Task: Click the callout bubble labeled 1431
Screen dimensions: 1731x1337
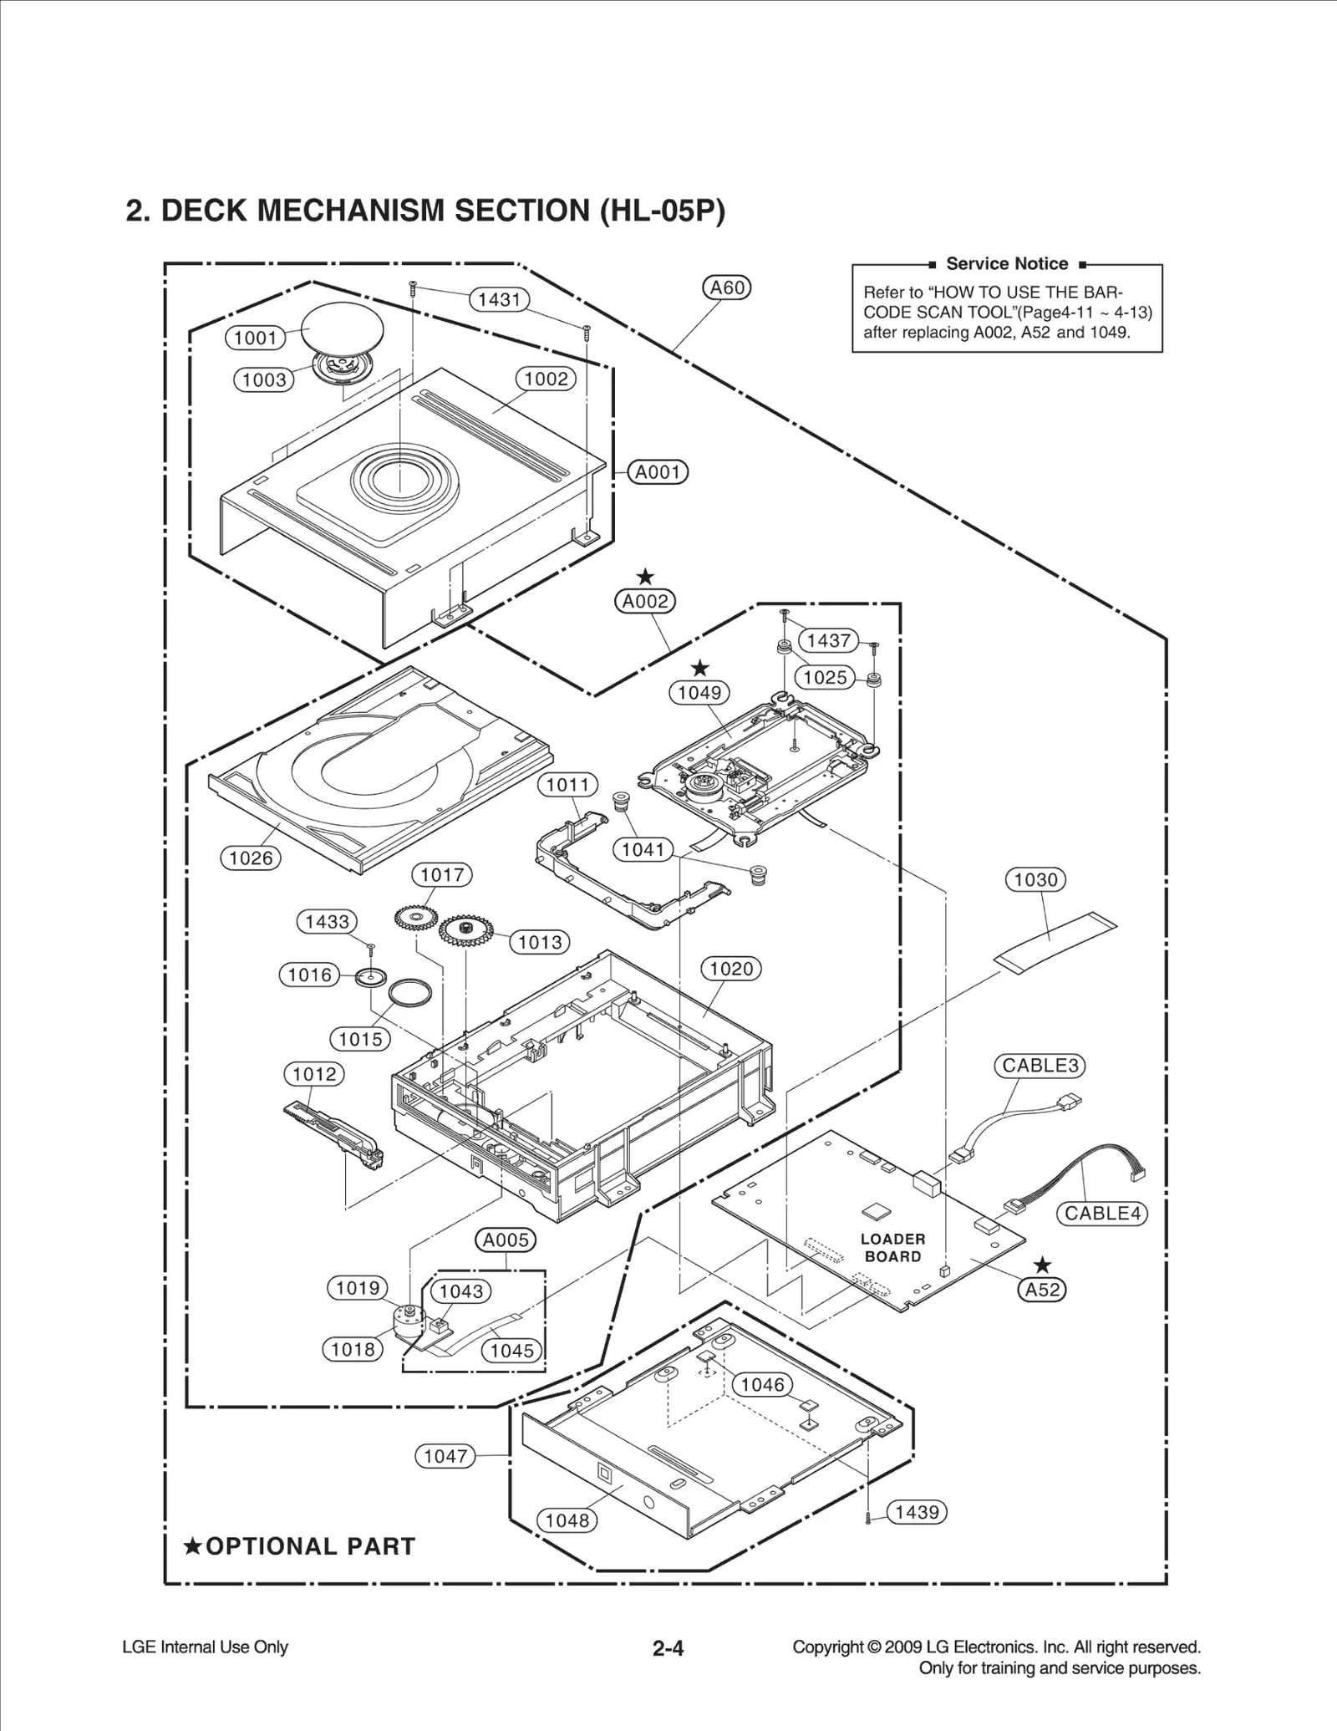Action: point(499,299)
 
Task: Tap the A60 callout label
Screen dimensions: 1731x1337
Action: point(726,288)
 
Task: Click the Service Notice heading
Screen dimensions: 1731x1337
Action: point(1006,264)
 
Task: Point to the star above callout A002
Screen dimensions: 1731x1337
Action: point(645,577)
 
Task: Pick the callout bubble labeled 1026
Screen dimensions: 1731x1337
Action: point(251,858)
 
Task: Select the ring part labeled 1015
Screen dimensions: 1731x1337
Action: point(410,995)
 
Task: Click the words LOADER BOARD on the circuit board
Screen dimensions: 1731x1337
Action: point(892,1247)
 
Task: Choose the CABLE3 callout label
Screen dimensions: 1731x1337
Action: point(1040,1066)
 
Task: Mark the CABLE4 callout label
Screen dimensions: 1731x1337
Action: point(1102,1213)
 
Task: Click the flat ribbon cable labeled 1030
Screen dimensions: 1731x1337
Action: point(1055,942)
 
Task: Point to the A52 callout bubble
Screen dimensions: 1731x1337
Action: point(1042,1290)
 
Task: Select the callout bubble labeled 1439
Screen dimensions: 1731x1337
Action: point(917,1512)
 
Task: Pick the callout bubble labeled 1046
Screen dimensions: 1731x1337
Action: point(762,1385)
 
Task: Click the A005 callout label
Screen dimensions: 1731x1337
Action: point(506,1240)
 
